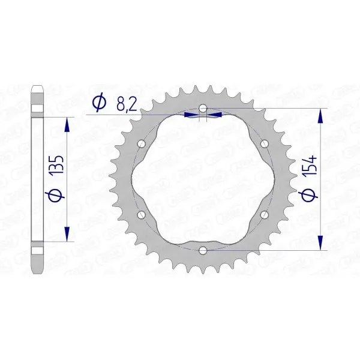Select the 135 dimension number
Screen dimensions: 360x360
tap(57, 165)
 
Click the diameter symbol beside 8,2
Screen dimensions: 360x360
tap(99, 104)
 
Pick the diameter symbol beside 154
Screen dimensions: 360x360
tap(310, 194)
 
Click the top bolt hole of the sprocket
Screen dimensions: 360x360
tap(203, 108)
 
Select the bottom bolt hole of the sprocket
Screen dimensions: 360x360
tap(203, 250)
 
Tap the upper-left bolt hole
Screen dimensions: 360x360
tap(142, 144)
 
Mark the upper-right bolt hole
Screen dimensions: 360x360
tap(264, 144)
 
